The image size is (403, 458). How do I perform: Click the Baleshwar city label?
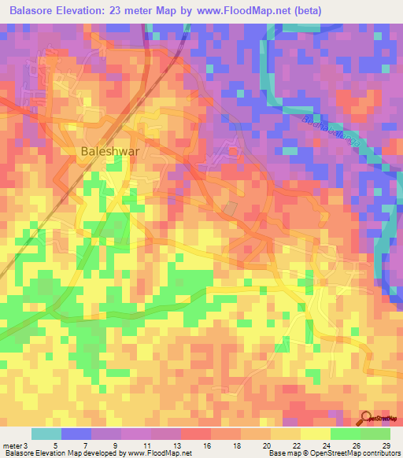(109, 154)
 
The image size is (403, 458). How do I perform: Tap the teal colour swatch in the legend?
(46, 434)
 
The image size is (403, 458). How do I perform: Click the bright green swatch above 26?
(346, 434)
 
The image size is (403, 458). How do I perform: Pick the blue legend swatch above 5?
(76, 434)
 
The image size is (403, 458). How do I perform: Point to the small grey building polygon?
(231, 209)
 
